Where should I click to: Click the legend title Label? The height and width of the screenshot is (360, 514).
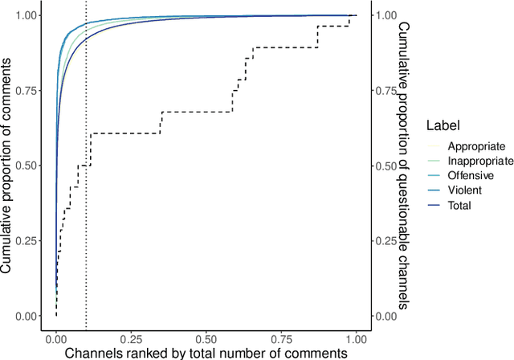(x=443, y=125)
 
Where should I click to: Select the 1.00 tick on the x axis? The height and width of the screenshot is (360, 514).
(x=355, y=338)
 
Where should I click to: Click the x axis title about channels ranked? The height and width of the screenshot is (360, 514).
(x=206, y=352)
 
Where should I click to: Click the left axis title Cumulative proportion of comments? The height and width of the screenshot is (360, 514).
(x=7, y=166)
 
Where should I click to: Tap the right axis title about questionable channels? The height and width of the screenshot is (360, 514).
(x=404, y=166)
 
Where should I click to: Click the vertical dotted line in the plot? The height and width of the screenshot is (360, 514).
(x=86, y=201)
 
